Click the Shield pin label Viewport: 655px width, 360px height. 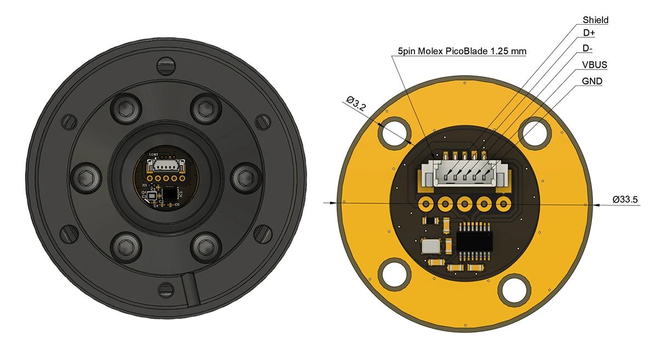(x=595, y=20)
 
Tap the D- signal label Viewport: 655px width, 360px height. (x=588, y=49)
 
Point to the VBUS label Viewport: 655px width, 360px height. (x=595, y=65)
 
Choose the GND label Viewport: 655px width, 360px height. (x=592, y=81)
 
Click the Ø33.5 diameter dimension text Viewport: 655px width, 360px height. (x=625, y=200)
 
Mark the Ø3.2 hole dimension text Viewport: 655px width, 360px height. (x=357, y=103)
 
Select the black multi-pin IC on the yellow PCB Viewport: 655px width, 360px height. (x=474, y=241)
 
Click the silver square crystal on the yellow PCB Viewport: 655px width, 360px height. (x=430, y=245)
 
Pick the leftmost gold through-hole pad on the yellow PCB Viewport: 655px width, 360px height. (x=425, y=204)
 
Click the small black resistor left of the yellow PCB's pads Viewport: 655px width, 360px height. (x=430, y=220)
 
